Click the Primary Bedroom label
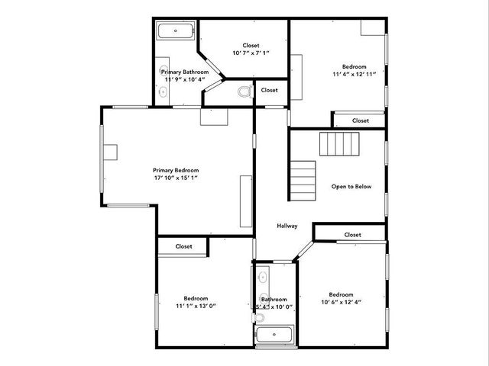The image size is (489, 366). [x=176, y=170]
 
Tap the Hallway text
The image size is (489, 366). [x=287, y=226]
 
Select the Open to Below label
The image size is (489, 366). [x=351, y=186]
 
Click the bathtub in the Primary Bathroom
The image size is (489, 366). [x=176, y=31]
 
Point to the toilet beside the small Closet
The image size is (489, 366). [x=244, y=92]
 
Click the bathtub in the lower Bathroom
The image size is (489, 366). [x=274, y=334]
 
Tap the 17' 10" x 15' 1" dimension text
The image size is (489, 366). [x=176, y=178]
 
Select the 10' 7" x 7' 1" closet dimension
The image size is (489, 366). [x=251, y=54]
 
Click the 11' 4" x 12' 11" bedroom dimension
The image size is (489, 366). [x=355, y=75]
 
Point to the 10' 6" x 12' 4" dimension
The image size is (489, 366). [x=341, y=303]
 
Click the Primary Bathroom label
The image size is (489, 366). [x=185, y=72]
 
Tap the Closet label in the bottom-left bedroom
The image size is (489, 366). [x=184, y=246]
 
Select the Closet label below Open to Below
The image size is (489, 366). [x=352, y=235]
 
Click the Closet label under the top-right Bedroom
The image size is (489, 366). [x=361, y=120]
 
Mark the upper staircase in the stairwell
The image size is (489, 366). [x=339, y=143]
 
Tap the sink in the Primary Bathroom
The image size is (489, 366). [x=163, y=91]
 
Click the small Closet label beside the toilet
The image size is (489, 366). [x=269, y=90]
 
